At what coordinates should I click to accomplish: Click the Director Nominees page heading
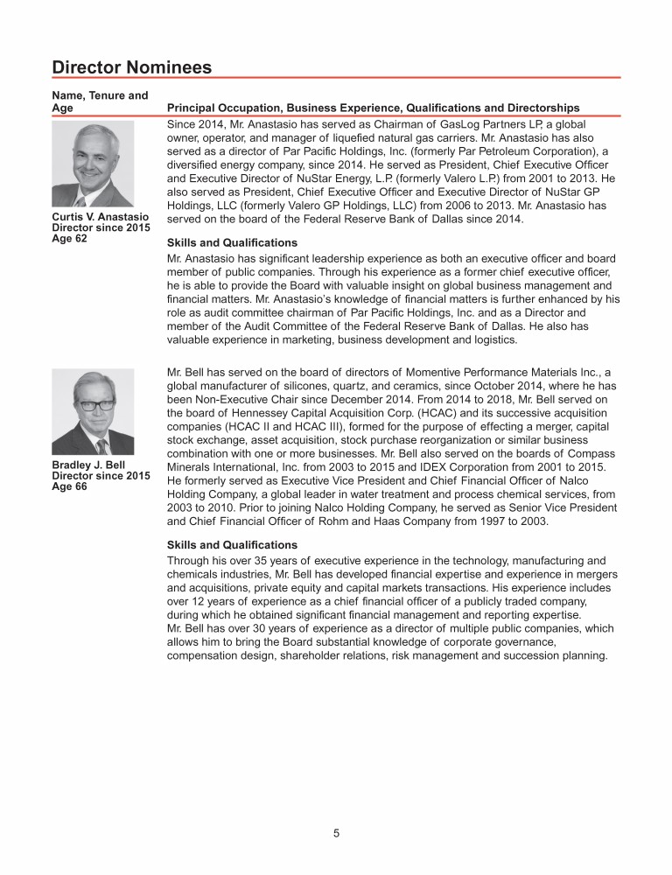132,66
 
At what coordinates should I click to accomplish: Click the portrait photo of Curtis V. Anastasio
93,164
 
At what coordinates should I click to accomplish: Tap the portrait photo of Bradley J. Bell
93,411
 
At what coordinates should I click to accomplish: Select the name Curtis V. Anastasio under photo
100,216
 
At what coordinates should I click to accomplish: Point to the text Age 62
70,238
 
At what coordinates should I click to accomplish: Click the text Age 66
70,487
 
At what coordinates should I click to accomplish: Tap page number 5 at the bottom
336,834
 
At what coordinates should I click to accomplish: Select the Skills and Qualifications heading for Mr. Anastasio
232,242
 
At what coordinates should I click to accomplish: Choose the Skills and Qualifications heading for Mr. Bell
232,544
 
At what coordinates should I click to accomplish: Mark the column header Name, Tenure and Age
100,101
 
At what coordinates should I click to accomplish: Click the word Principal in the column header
192,108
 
